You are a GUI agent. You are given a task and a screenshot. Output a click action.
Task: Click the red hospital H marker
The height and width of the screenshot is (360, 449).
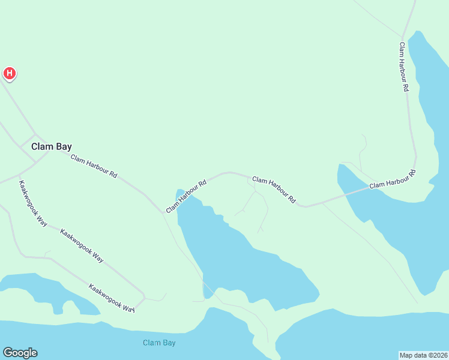(x=10, y=73)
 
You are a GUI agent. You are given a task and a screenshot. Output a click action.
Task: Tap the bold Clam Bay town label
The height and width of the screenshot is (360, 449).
(x=52, y=146)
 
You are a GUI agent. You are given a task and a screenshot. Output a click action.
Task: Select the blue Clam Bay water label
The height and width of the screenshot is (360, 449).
(x=159, y=343)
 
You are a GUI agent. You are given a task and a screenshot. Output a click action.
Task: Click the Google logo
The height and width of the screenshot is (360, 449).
(x=20, y=353)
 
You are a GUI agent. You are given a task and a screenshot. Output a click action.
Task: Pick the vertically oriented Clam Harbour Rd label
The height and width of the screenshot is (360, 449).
(x=404, y=67)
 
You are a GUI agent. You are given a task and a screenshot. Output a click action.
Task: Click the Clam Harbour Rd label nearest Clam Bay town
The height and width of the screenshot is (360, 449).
(x=94, y=167)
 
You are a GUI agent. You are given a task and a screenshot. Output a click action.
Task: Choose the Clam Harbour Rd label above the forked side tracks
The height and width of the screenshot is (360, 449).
(x=274, y=188)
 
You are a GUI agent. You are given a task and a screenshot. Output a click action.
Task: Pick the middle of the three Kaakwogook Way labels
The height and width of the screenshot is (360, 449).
(x=82, y=245)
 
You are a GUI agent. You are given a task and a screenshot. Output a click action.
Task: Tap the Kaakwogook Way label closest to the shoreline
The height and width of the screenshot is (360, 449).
(x=112, y=298)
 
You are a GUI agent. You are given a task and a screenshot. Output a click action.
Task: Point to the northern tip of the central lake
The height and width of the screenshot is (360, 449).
(x=179, y=191)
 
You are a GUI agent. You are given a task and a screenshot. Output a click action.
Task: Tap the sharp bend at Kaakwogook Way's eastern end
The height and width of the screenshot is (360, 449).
(x=144, y=297)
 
